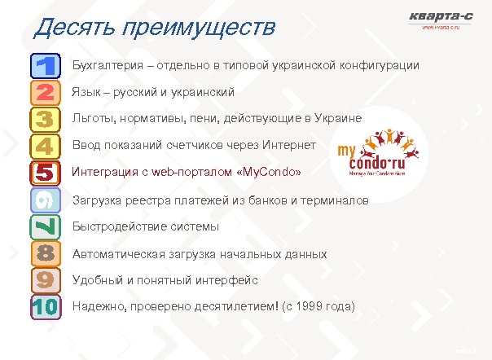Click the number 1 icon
click(x=45, y=65)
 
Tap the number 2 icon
click(x=45, y=92)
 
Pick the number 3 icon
click(x=45, y=119)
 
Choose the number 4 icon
click(x=45, y=146)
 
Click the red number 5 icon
click(x=45, y=173)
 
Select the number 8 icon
click(x=45, y=253)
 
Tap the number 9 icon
click(x=45, y=280)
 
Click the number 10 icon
click(x=45, y=307)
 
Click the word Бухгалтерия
click(x=108, y=64)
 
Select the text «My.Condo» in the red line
click(x=268, y=173)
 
